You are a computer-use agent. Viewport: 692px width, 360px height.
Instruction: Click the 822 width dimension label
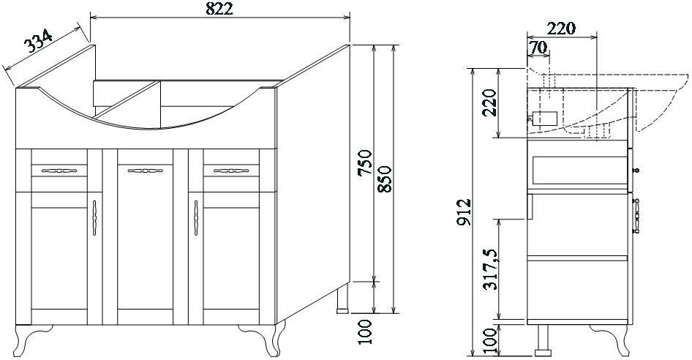pyautogui.click(x=219, y=8)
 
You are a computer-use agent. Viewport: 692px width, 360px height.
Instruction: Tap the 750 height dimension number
pyautogui.click(x=366, y=162)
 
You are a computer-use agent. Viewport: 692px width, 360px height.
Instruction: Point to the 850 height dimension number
pyautogui.click(x=385, y=179)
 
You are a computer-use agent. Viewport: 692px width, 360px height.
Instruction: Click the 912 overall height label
pyautogui.click(x=465, y=212)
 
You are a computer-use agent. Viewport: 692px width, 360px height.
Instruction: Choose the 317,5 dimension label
pyautogui.click(x=490, y=269)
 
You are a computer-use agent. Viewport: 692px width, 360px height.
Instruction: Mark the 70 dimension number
pyautogui.click(x=538, y=48)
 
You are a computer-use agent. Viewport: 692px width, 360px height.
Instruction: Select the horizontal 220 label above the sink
pyautogui.click(x=561, y=29)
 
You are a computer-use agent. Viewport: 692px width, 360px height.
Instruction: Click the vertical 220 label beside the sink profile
pyautogui.click(x=489, y=102)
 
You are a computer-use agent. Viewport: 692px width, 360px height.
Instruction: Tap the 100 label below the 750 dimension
pyautogui.click(x=366, y=331)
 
